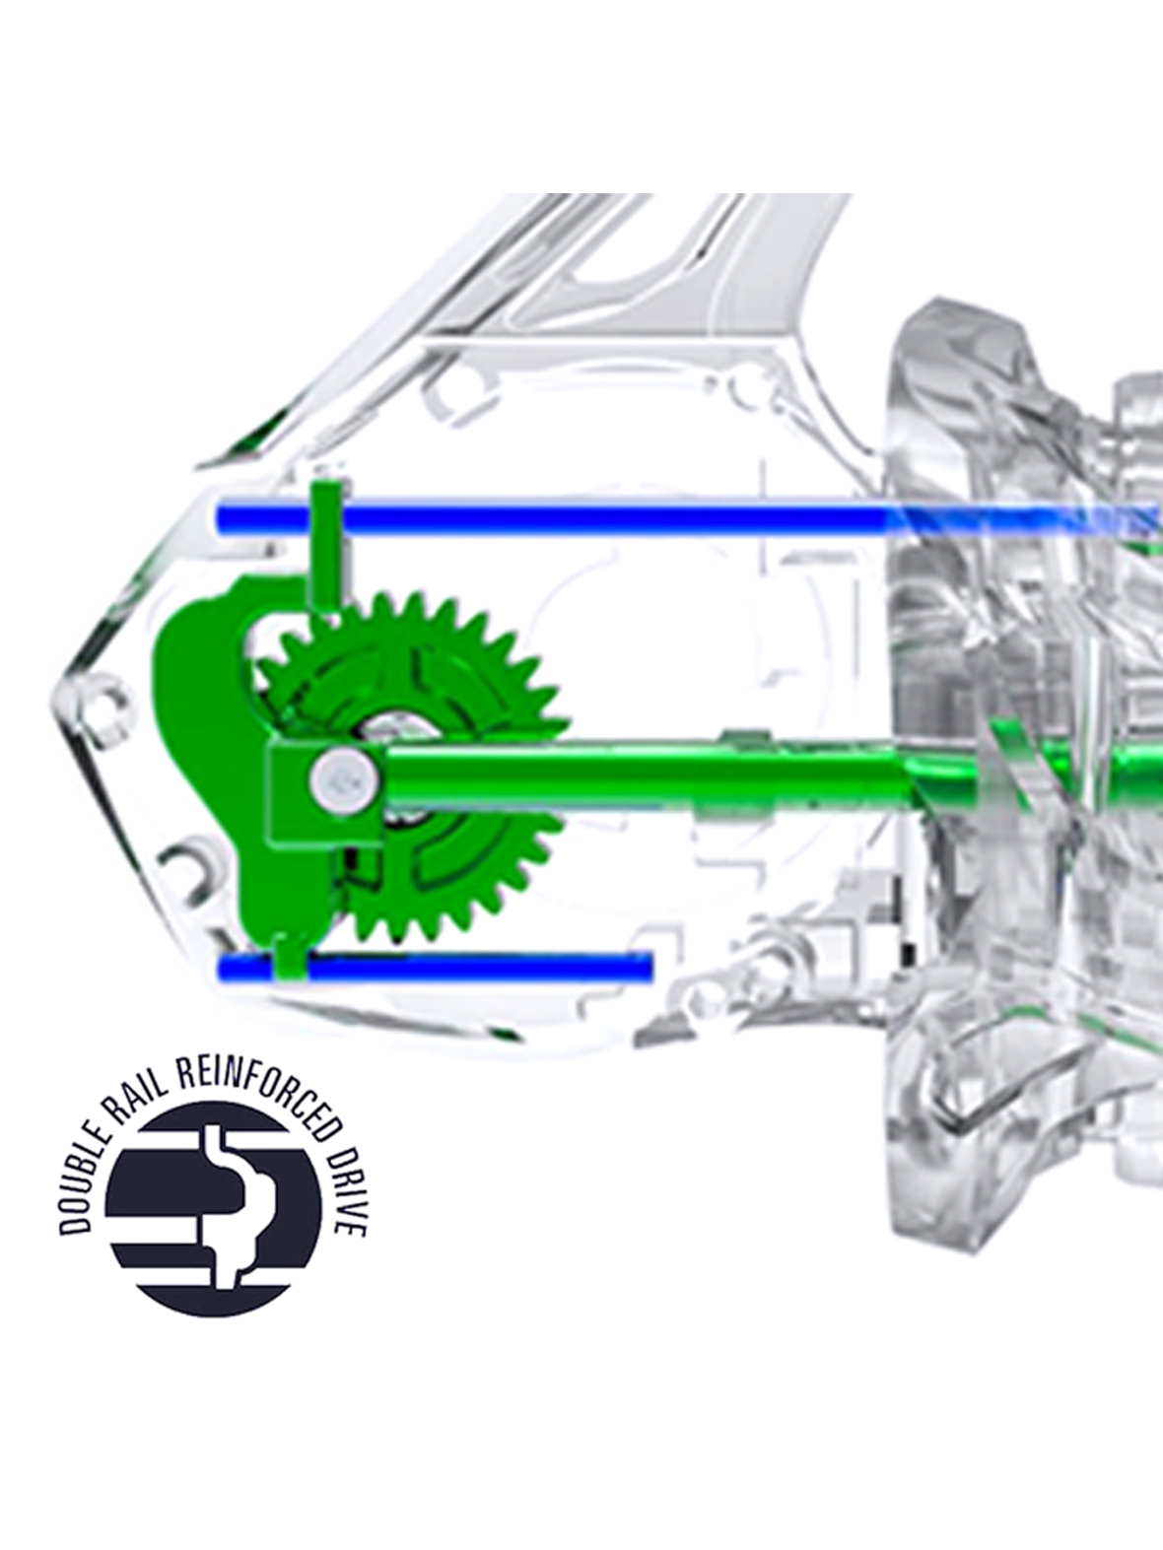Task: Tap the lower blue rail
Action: (436, 966)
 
